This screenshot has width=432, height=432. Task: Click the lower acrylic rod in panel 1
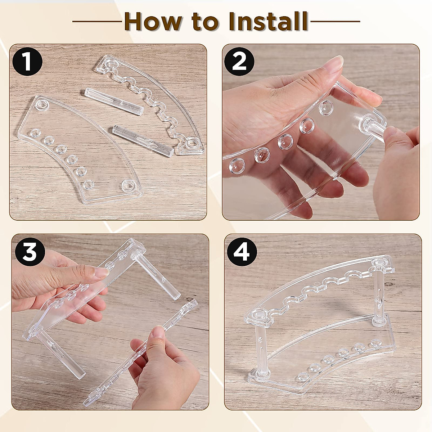point(142,140)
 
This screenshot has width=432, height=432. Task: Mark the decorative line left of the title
point(97,22)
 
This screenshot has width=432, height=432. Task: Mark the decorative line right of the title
point(335,22)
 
